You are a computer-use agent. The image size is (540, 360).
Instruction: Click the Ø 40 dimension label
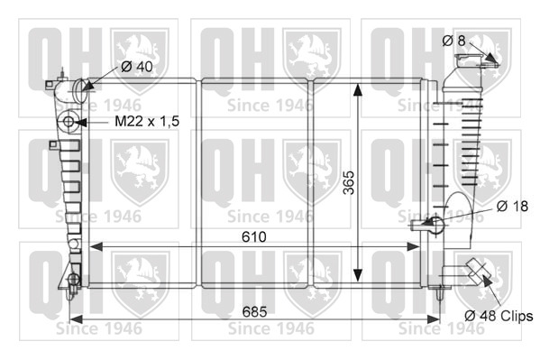click(x=137, y=66)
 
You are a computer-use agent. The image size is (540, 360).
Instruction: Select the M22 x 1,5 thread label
click(x=147, y=122)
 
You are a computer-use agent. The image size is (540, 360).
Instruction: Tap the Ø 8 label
click(x=453, y=41)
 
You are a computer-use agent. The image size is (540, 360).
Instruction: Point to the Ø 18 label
click(x=512, y=207)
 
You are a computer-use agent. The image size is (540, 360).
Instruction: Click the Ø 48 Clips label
click(x=499, y=316)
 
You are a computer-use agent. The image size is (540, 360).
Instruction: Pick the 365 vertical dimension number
click(x=349, y=182)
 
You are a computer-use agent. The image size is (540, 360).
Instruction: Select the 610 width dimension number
click(x=254, y=237)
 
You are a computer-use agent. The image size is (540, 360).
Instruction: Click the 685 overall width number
click(x=254, y=311)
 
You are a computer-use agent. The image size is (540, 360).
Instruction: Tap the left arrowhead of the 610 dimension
click(x=96, y=247)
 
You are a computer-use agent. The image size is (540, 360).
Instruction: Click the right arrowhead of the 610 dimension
click(x=413, y=247)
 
